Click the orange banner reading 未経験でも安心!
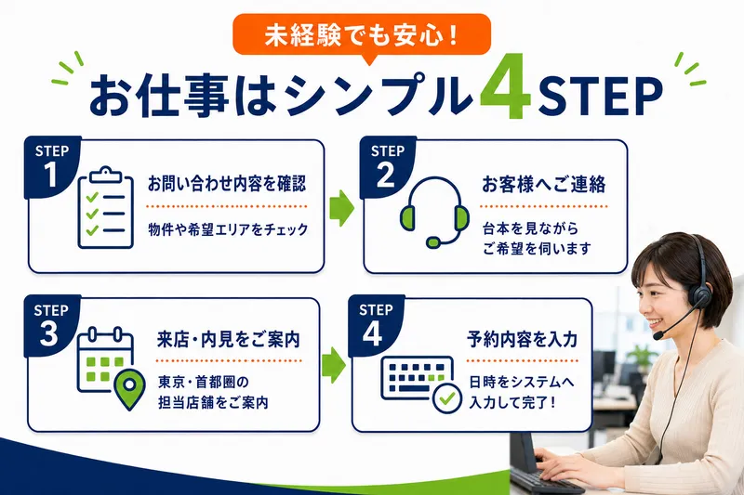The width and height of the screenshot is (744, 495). [x=362, y=36]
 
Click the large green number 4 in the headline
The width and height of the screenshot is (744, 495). [x=506, y=87]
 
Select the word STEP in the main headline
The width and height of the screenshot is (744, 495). [x=600, y=96]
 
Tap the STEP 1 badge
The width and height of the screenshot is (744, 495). [x=51, y=167]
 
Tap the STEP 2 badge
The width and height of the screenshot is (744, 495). [x=387, y=167]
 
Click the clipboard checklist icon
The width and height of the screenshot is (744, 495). [x=106, y=208]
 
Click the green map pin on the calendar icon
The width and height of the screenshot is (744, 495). [x=130, y=390]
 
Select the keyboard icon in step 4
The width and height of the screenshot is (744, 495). [x=417, y=378]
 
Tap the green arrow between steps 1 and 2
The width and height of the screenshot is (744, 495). [x=341, y=208]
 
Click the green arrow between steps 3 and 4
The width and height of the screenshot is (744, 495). [x=334, y=365]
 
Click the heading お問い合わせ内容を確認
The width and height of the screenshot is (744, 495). [x=227, y=184]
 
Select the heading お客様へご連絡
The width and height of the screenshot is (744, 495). [x=544, y=184]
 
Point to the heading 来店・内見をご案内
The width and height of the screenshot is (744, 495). [x=228, y=340]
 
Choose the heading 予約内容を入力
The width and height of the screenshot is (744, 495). [x=522, y=340]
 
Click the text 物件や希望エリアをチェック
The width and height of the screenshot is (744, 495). [x=228, y=229]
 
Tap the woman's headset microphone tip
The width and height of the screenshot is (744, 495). [x=658, y=335]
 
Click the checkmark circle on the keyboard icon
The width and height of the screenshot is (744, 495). [x=447, y=398]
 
